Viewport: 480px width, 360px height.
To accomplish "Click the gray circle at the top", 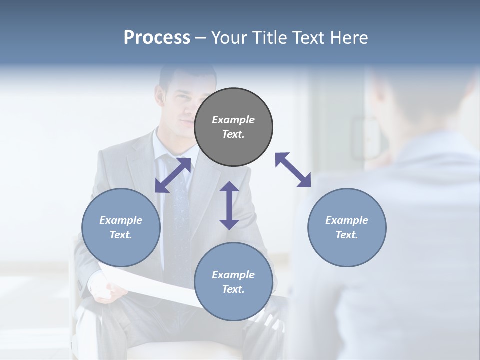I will (233, 127).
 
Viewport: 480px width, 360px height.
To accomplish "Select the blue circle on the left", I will (121, 227).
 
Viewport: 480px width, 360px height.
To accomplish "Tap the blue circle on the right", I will (347, 227).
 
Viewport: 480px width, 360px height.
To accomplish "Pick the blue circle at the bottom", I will (233, 282).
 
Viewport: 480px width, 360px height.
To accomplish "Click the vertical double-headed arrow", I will (229, 205).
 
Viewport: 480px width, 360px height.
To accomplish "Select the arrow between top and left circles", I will (173, 175).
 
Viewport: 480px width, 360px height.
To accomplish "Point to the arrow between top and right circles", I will (293, 170).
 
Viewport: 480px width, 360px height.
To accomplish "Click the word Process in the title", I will (157, 37).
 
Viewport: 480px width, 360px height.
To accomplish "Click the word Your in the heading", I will (229, 37).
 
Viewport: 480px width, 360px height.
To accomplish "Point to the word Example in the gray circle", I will (233, 120).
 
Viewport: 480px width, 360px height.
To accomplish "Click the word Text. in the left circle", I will (121, 235).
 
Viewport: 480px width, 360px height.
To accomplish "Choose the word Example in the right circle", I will (347, 220).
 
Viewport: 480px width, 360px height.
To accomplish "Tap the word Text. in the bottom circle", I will (233, 289).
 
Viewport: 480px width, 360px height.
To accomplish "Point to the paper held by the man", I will (150, 285).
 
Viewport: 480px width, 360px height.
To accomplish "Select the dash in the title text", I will (201, 38).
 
